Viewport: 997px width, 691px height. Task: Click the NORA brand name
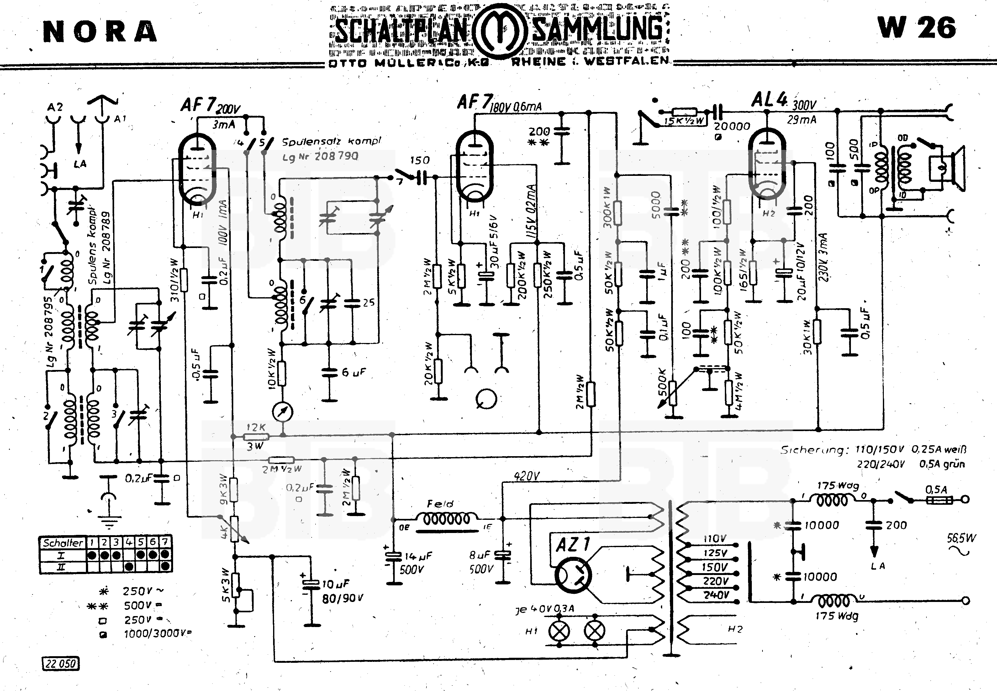pyautogui.click(x=100, y=32)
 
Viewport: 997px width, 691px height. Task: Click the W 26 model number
pyautogui.click(x=916, y=28)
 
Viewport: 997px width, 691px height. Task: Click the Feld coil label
pyautogui.click(x=440, y=504)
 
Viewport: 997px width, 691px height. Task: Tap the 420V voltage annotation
pyautogui.click(x=526, y=477)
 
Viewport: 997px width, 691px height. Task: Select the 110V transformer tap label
pyautogui.click(x=714, y=539)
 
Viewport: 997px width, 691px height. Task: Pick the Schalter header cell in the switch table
pyautogui.click(x=63, y=542)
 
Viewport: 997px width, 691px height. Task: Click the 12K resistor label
pyautogui.click(x=256, y=427)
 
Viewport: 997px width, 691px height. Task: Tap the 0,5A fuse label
pyautogui.click(x=936, y=490)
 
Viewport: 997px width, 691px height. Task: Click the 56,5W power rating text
pyautogui.click(x=961, y=538)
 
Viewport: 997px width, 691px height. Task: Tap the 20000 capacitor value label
pyautogui.click(x=732, y=126)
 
